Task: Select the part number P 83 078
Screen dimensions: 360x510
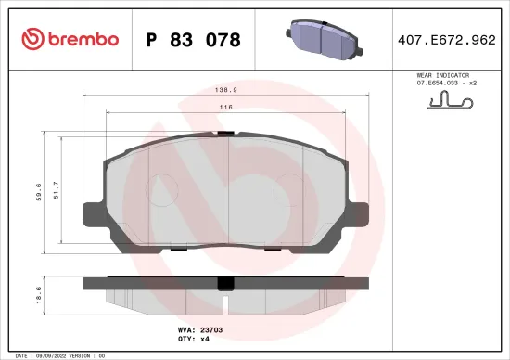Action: tap(194, 40)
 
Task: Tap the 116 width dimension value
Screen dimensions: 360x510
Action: tap(225, 109)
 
